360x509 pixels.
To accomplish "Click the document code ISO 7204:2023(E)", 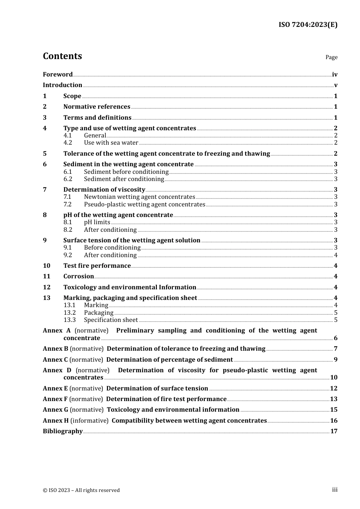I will click(x=308, y=25).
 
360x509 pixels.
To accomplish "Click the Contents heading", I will click(x=62, y=56).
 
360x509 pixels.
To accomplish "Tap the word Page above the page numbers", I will click(x=331, y=57).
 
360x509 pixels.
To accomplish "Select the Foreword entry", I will click(x=58, y=75).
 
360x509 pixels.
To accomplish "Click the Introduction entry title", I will click(x=63, y=85).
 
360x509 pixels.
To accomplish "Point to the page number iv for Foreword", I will click(x=335, y=75).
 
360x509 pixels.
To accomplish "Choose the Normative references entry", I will click(x=97, y=107).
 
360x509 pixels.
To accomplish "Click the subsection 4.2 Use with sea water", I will click(x=111, y=143).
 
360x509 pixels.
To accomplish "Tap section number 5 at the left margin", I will click(x=45, y=154).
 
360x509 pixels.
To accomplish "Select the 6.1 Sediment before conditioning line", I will click(x=126, y=172).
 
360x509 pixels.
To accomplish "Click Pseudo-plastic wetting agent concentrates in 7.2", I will click(x=144, y=205).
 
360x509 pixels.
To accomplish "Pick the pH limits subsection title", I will click(x=97, y=222).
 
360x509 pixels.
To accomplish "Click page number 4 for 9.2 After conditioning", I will click(x=336, y=255).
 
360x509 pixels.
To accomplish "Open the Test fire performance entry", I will click(x=97, y=266).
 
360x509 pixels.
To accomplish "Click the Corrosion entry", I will click(x=78, y=276).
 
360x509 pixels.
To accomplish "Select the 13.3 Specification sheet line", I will click(x=111, y=320).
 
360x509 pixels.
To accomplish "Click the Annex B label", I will click(x=55, y=349).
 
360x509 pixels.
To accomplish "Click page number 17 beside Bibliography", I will click(x=334, y=431).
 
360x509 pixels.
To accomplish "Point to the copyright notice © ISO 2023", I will click(x=81, y=490).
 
